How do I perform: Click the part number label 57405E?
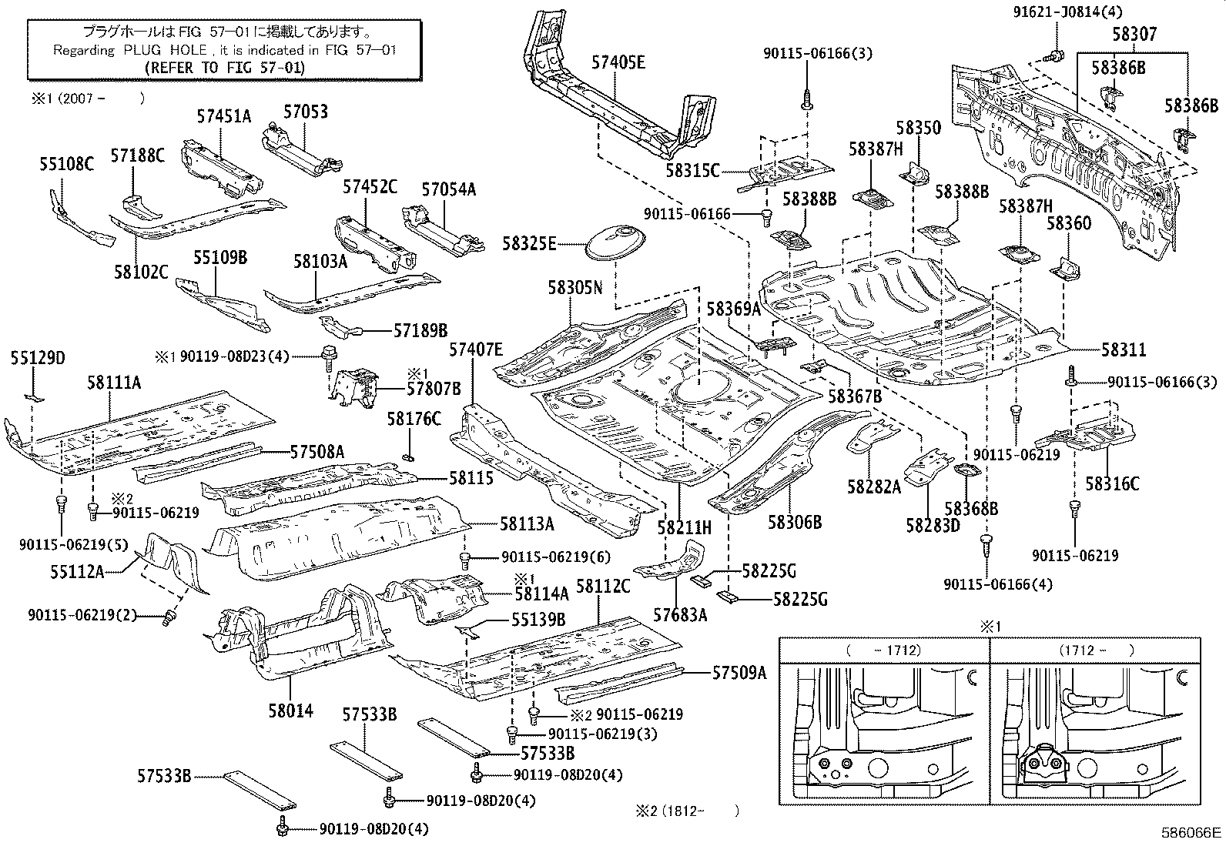618,63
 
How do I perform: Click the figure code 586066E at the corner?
1192,832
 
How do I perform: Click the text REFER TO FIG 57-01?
225,67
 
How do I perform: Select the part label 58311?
1123,350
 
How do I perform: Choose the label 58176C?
414,419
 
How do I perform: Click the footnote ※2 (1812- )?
687,810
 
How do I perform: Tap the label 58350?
918,128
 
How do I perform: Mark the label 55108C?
66,164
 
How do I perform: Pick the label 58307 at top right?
1134,35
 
